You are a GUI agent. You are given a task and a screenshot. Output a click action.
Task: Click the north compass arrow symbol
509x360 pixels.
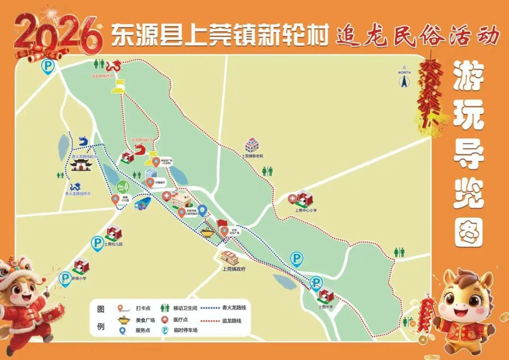pyautogui.click(x=404, y=81)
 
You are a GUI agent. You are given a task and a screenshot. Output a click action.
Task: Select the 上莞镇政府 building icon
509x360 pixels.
pyautogui.click(x=230, y=258)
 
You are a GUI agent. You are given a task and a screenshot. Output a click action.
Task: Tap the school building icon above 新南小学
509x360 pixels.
pyautogui.click(x=81, y=265)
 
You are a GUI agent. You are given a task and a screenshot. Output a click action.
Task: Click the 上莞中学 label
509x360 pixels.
pyautogui.click(x=326, y=306)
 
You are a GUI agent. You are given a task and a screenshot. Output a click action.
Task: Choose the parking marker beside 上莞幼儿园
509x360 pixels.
pyautogui.click(x=98, y=243)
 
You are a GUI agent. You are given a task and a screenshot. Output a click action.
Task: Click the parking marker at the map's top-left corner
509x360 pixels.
pyautogui.click(x=48, y=66)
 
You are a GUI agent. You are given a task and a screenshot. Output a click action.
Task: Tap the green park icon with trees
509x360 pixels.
pyautogui.click(x=123, y=187)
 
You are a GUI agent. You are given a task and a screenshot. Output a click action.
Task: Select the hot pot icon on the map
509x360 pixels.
pyautogui.click(x=208, y=231)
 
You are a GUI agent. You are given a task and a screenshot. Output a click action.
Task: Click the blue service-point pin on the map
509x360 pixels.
pyautogui.click(x=202, y=211)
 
